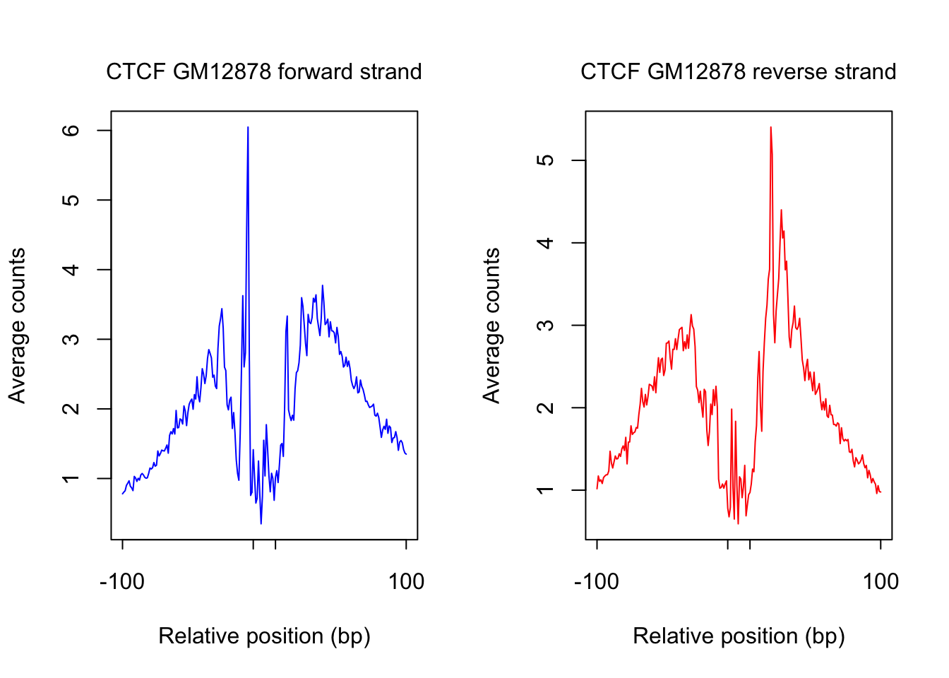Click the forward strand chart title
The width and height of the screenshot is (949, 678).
[264, 72]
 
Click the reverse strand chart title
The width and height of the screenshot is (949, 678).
[739, 72]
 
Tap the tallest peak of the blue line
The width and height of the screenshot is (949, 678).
[248, 128]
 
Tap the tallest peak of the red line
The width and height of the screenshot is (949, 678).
[770, 128]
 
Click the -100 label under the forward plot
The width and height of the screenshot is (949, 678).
[122, 582]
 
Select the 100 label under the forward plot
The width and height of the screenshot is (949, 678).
[406, 582]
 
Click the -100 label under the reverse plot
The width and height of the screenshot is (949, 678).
[597, 582]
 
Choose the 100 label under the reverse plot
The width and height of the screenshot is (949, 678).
[881, 582]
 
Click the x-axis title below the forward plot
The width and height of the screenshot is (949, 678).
[264, 636]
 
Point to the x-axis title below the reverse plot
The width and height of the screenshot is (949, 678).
[739, 636]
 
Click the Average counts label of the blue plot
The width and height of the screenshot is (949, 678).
[17, 326]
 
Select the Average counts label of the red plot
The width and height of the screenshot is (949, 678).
[491, 326]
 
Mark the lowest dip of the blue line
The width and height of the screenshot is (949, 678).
[261, 523]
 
